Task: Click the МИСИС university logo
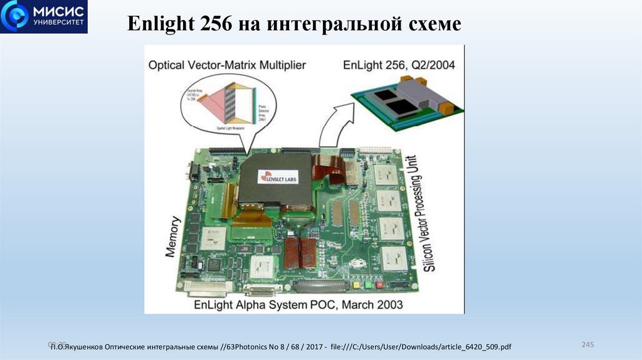pos(43,17)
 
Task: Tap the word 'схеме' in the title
pos(433,24)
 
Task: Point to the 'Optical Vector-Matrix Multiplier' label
pos(227,65)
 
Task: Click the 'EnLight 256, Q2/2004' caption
pos(399,65)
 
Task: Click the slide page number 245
pos(587,345)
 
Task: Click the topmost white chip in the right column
pos(386,174)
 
